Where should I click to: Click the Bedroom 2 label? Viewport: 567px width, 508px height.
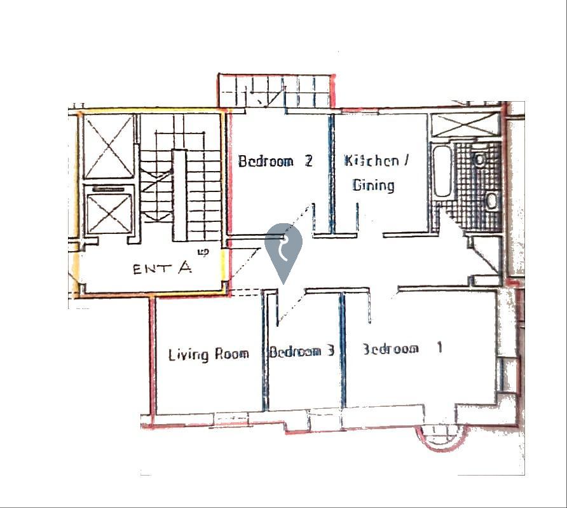pyautogui.click(x=275, y=160)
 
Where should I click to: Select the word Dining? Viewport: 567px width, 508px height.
pyautogui.click(x=373, y=185)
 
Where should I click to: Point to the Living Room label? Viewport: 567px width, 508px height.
pyautogui.click(x=208, y=354)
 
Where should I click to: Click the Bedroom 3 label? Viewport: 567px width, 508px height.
pyautogui.click(x=301, y=351)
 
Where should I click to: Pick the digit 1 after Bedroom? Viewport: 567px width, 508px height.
pyautogui.click(x=439, y=348)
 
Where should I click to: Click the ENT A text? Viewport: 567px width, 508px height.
pyautogui.click(x=162, y=268)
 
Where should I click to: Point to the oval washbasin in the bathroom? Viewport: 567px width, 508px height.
pyautogui.click(x=491, y=201)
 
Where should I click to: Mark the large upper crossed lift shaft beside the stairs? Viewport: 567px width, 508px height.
pyautogui.click(x=109, y=146)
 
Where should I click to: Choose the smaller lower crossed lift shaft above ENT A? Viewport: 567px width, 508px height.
pyautogui.click(x=109, y=213)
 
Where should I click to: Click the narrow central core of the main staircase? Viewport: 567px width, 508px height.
pyautogui.click(x=180, y=195)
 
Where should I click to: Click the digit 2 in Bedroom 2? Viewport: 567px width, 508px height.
pyautogui.click(x=308, y=160)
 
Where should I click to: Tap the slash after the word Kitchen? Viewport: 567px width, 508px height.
pyautogui.click(x=406, y=160)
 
